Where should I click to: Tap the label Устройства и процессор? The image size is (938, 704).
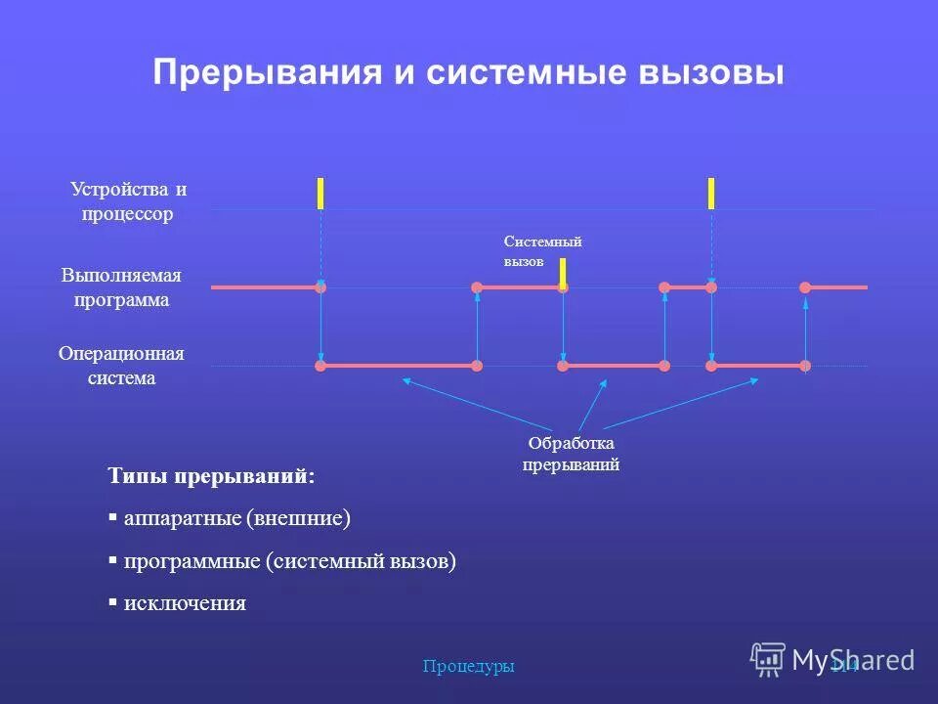pyautogui.click(x=128, y=201)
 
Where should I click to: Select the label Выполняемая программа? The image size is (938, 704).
pyautogui.click(x=122, y=287)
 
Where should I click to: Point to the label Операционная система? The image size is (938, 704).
pyautogui.click(x=121, y=366)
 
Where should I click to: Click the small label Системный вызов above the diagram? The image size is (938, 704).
pyautogui.click(x=542, y=251)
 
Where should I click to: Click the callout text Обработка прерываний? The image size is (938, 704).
pyautogui.click(x=572, y=455)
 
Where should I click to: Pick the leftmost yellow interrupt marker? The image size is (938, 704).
pyautogui.click(x=320, y=194)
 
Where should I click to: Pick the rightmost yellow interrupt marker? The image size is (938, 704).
pyautogui.click(x=711, y=194)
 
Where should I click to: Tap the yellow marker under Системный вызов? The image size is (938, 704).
pyautogui.click(x=563, y=273)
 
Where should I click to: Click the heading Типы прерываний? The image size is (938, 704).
pyautogui.click(x=212, y=476)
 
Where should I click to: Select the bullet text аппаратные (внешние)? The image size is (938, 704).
pyautogui.click(x=236, y=518)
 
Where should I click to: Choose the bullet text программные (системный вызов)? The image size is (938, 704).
pyautogui.click(x=289, y=561)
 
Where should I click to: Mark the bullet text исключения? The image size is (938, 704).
pyautogui.click(x=185, y=603)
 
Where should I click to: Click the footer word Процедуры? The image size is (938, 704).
pyautogui.click(x=468, y=667)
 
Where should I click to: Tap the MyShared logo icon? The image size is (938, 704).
pyautogui.click(x=768, y=659)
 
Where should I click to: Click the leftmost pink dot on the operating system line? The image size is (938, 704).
pyautogui.click(x=320, y=366)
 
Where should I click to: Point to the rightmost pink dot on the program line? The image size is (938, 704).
pyautogui.click(x=805, y=287)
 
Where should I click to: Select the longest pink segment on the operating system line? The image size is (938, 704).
pyautogui.click(x=399, y=366)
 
